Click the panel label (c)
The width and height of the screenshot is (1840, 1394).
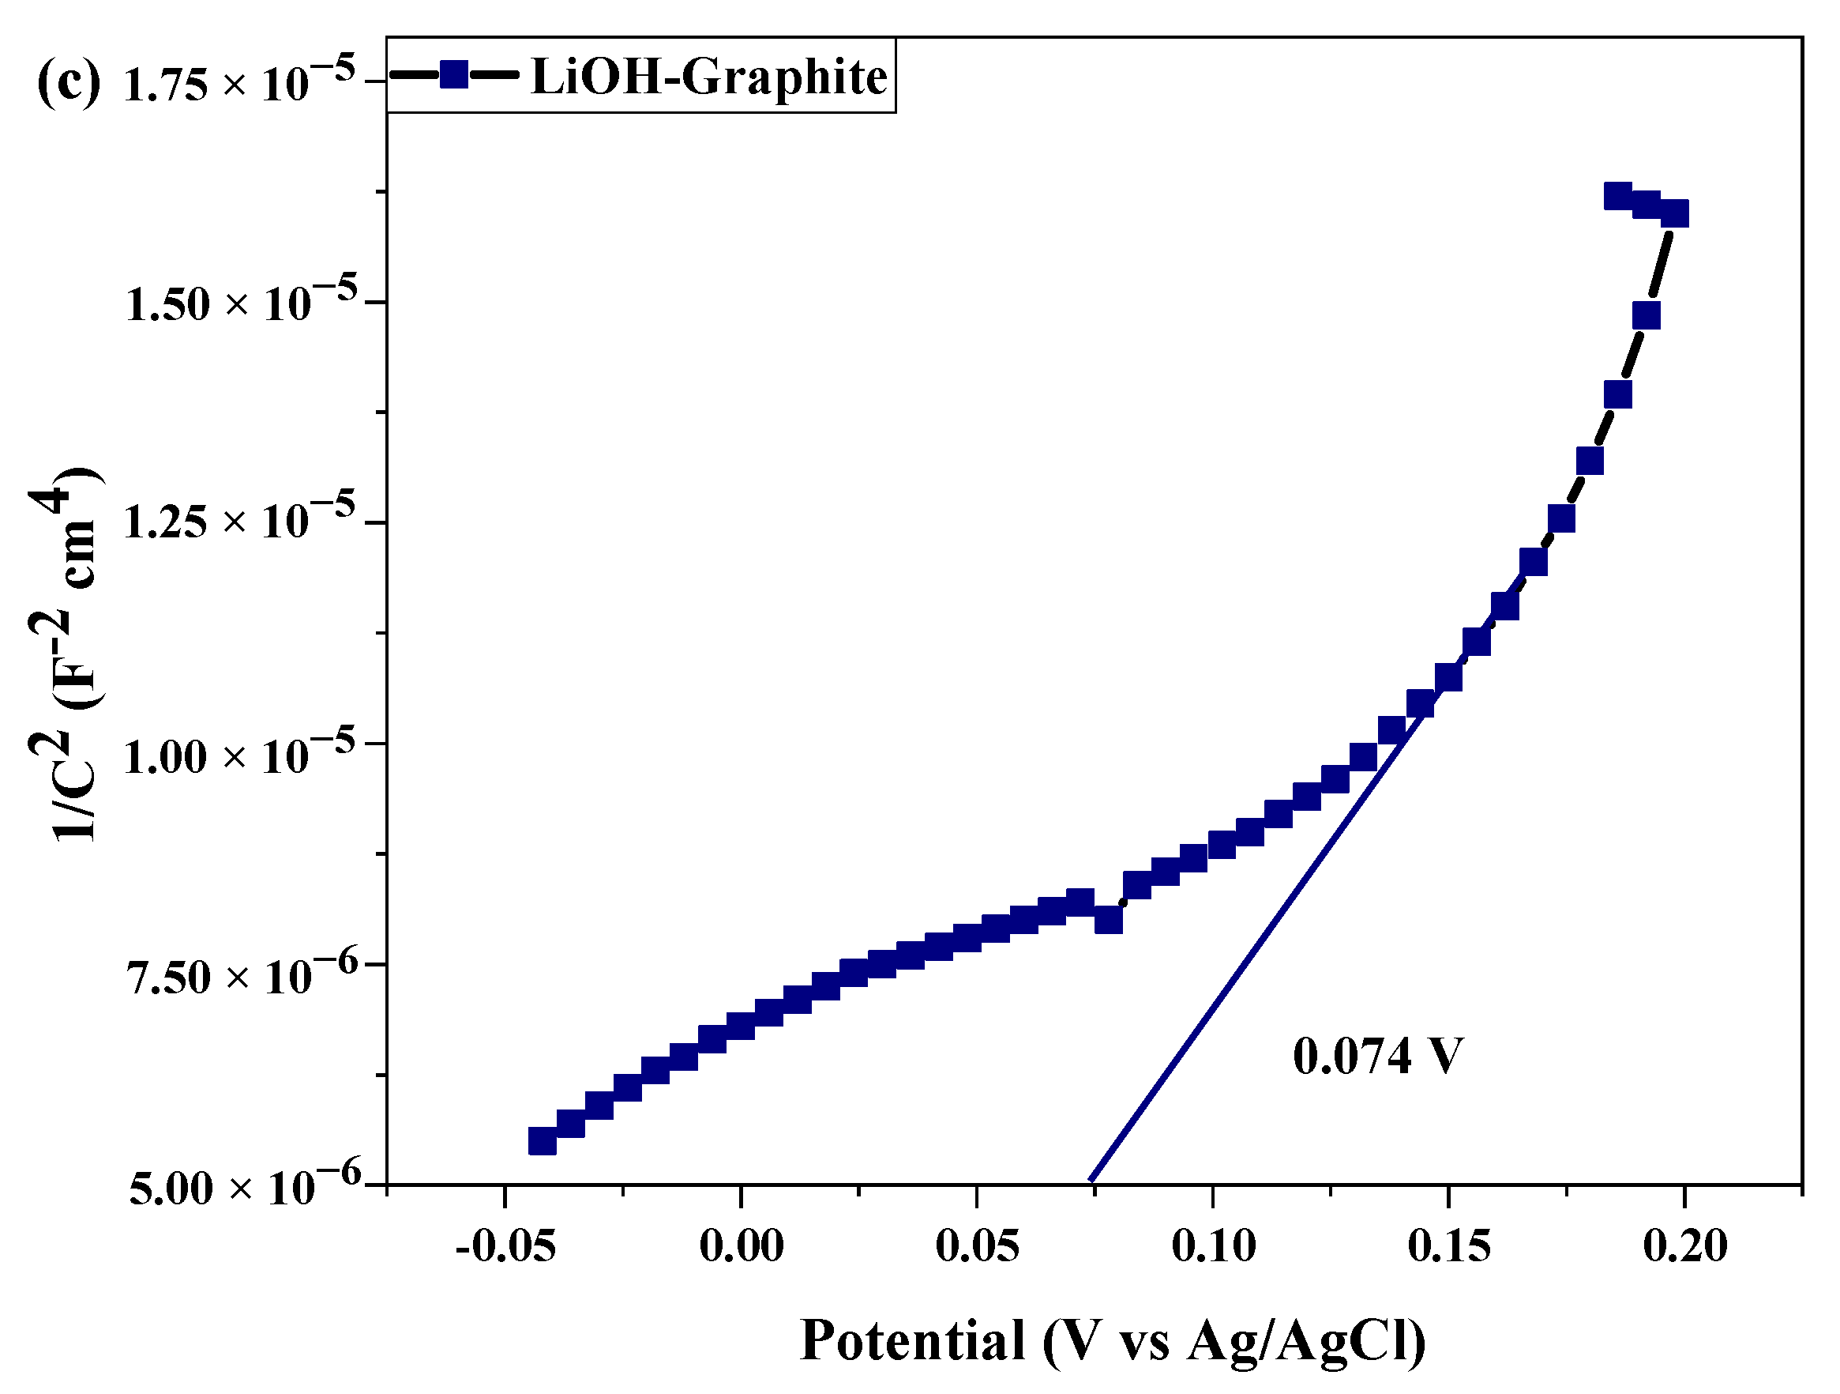68,82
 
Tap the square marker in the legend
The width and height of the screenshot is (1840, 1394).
454,75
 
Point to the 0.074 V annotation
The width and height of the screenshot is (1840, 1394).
1376,1057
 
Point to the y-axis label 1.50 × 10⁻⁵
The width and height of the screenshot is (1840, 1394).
241,301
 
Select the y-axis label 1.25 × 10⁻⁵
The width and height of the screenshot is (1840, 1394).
239,521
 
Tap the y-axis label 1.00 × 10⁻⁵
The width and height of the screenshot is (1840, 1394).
239,755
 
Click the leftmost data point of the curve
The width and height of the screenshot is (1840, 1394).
543,1141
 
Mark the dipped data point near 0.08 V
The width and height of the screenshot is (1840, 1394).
1109,920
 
